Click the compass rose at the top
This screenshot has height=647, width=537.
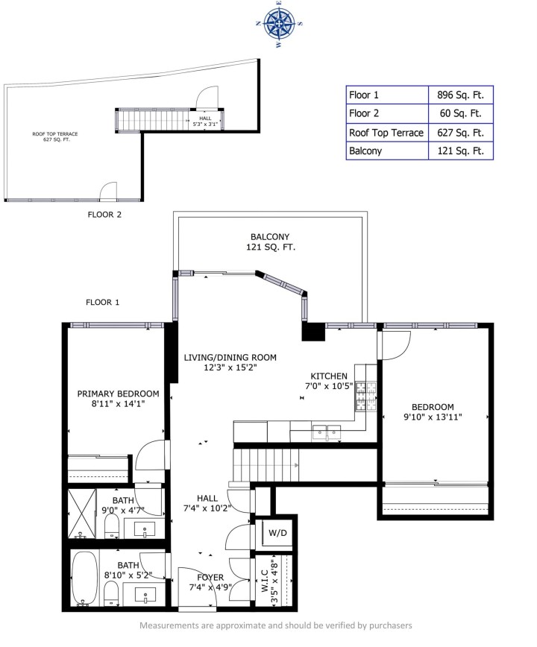[x=280, y=25]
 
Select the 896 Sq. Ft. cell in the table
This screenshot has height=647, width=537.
[x=459, y=95]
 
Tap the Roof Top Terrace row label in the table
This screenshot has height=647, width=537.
[x=386, y=133]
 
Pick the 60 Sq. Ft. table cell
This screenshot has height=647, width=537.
[x=459, y=114]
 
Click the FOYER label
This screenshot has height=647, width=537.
[x=210, y=578]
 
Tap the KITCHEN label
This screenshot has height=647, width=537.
[x=328, y=376]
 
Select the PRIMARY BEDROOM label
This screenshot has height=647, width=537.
[x=118, y=394]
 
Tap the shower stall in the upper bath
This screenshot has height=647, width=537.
[x=84, y=513]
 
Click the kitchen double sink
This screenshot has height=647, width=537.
[x=325, y=430]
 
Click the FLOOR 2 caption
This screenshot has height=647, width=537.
[x=104, y=214]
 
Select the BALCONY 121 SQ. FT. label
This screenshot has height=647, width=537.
[x=269, y=242]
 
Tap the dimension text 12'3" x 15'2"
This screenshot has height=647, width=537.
[x=230, y=367]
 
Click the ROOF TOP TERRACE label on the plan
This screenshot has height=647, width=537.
[x=55, y=137]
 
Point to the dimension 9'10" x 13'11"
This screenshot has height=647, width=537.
[x=433, y=417]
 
